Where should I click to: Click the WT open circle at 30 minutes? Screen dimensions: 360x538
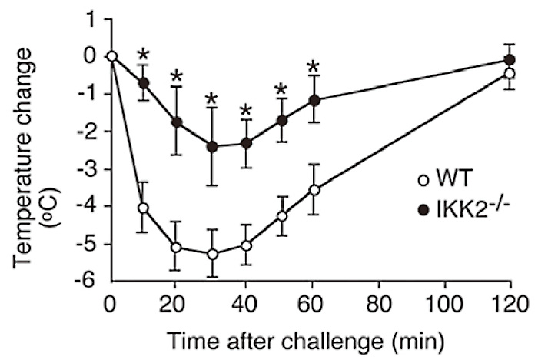(x=213, y=254)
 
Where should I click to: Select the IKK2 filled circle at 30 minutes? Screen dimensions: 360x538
(x=213, y=147)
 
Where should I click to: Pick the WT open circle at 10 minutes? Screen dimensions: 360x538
(x=144, y=208)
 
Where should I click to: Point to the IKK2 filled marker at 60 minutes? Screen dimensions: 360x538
(x=314, y=100)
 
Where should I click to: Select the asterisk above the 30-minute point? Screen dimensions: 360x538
(x=213, y=100)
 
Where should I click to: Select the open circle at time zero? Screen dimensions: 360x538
(x=111, y=56)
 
